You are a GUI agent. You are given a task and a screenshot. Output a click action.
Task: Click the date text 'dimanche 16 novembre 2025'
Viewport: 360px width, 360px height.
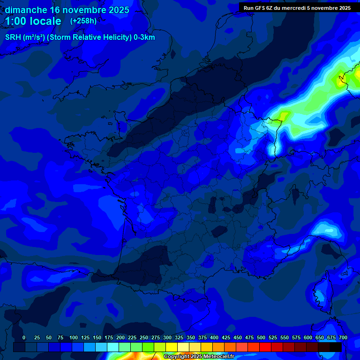pos(67,10)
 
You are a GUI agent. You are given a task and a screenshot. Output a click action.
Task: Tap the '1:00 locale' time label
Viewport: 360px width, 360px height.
pos(33,21)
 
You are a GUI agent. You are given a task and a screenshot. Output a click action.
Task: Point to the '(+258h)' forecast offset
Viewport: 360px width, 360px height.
pos(83,21)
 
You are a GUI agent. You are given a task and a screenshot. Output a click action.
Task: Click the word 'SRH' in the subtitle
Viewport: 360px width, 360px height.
pos(13,37)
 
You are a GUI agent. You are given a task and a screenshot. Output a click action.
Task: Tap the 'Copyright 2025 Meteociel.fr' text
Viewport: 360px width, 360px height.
pos(199,357)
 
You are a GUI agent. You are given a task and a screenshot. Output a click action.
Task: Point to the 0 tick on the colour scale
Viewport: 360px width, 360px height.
pos(24,338)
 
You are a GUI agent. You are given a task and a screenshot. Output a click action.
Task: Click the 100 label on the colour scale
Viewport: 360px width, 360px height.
pos(74,338)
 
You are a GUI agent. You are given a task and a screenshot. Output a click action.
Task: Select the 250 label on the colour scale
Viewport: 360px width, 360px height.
pos(144,338)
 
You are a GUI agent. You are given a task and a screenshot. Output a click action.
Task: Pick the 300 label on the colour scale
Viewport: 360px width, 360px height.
pos(167,338)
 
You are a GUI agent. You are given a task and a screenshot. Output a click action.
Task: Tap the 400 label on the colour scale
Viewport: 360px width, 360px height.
pos(214,338)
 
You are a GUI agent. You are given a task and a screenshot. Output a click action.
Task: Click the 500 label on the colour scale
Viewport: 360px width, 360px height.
pos(261,338)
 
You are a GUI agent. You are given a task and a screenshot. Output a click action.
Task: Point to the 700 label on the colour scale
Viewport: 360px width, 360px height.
pos(343,338)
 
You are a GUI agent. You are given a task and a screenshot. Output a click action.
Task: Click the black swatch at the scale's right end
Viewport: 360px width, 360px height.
pos(336,347)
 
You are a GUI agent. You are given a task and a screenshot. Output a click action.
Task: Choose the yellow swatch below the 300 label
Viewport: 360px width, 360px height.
pos(172,347)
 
